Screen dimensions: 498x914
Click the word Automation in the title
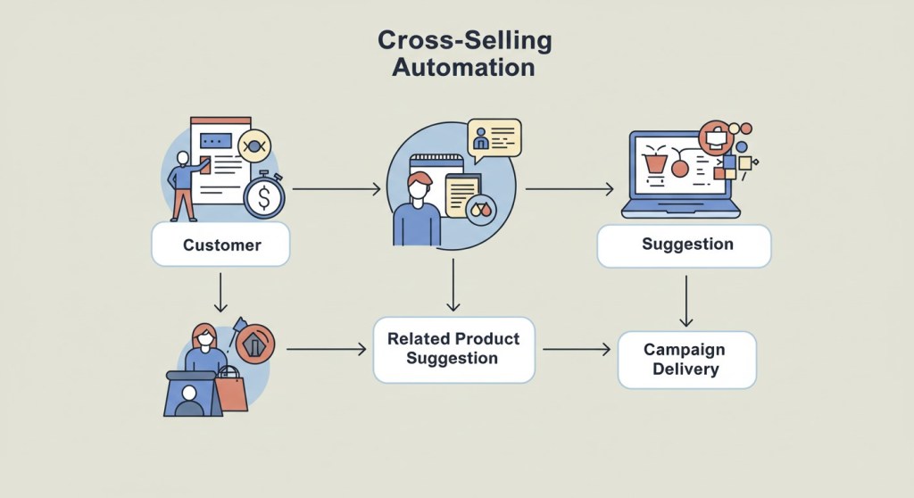[x=463, y=67]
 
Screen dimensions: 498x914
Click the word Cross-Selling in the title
[x=464, y=40]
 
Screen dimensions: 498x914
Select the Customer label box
[x=220, y=245]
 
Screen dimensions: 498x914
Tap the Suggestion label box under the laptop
[x=684, y=245]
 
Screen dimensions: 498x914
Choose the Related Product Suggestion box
[x=453, y=349]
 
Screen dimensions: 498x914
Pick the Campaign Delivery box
[x=686, y=360]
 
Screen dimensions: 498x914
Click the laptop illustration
[x=681, y=175]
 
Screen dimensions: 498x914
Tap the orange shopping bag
[x=230, y=390]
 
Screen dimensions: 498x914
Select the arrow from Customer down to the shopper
[x=220, y=292]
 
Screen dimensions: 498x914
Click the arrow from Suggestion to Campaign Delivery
[x=685, y=301]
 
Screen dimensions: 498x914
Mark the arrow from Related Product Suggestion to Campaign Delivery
[x=576, y=349]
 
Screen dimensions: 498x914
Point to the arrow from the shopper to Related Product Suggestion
[x=326, y=349]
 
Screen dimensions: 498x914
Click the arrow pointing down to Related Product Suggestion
[x=453, y=284]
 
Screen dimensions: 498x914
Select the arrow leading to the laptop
[x=569, y=189]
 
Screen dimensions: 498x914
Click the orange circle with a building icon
[x=255, y=343]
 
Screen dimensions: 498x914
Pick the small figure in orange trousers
[x=184, y=187]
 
